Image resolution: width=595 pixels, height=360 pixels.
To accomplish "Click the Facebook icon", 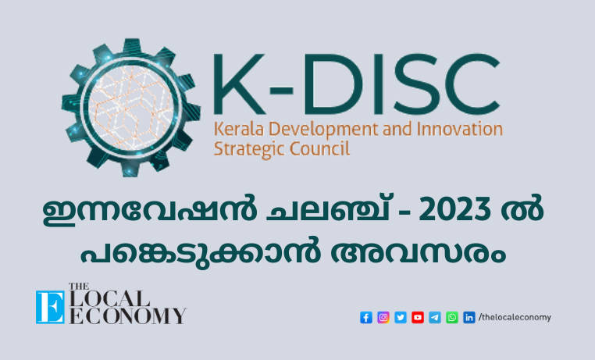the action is pos(365,317).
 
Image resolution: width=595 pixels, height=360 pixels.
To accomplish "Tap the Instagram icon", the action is pos(383,317).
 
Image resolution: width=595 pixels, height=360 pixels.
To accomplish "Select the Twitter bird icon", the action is pos(401,317).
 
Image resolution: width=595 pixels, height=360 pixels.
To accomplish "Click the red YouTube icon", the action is pos(418,317).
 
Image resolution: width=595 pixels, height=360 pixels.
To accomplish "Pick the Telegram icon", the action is pos(435,317).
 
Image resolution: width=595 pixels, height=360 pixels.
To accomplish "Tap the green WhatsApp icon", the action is pos(452,317).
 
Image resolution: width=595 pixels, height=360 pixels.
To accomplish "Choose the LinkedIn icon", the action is pos(469,317).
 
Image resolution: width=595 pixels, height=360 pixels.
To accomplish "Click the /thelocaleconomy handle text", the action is pos(515,317).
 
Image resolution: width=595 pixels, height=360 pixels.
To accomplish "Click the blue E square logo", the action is pos(50,307).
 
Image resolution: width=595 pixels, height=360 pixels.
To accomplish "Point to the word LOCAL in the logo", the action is pos(109,299).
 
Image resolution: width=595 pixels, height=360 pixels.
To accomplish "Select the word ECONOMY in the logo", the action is pos(128,315).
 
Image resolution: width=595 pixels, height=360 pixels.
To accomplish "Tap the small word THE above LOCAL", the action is pos(79,287).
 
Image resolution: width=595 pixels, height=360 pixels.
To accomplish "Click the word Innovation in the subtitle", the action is pos(460,130).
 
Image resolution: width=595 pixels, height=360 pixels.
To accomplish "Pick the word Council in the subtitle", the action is pos(319,148).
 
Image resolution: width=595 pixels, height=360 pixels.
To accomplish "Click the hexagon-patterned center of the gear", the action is pos(130,107).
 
